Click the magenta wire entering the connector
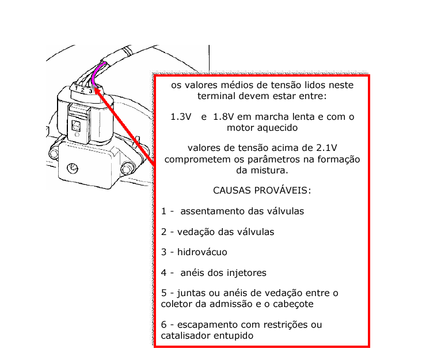coord(95,73)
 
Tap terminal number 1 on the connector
coord(77,88)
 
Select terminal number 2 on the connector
coord(83,90)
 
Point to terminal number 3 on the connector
coord(90,91)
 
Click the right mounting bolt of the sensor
coord(126,169)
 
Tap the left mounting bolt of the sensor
coord(54,153)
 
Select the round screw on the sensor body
coord(73,169)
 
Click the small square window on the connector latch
coord(75,126)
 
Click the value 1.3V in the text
coord(181,116)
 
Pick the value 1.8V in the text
coord(223,116)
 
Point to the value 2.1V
coord(326,147)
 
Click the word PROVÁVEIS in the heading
coord(283,190)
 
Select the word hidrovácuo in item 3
coord(202,252)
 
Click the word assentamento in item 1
coord(214,211)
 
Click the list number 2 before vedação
coord(164,232)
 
